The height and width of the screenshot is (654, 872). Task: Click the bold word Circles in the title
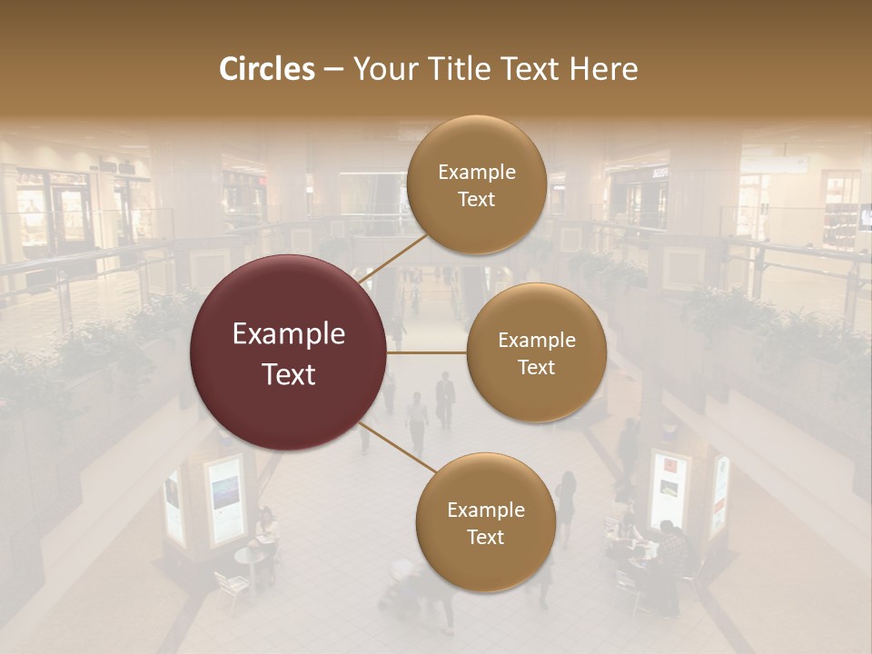pyautogui.click(x=266, y=69)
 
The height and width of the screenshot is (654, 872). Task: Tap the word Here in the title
pyautogui.click(x=603, y=69)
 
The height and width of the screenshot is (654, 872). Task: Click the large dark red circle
pyautogui.click(x=288, y=352)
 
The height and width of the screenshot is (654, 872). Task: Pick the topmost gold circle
pyautogui.click(x=476, y=184)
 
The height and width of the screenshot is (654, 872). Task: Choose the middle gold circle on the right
pyautogui.click(x=537, y=352)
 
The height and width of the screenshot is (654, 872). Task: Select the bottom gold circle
pyautogui.click(x=485, y=522)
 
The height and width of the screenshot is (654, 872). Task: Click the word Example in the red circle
pyautogui.click(x=288, y=334)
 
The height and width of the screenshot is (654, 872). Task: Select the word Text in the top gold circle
pyautogui.click(x=476, y=199)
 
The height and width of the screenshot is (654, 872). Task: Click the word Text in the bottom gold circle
pyautogui.click(x=485, y=537)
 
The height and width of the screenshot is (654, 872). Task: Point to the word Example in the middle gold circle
pyautogui.click(x=537, y=340)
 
